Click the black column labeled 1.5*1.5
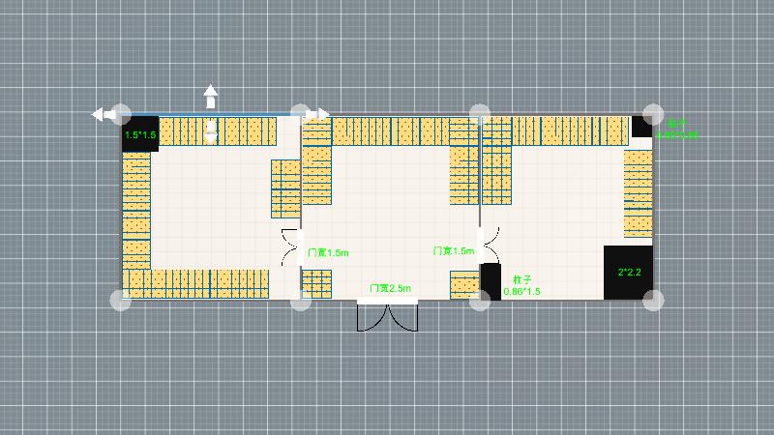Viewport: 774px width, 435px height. coord(140,133)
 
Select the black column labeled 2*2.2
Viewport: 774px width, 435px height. coord(628,272)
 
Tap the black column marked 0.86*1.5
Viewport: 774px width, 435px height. coord(491,280)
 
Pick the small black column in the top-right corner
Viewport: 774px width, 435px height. coord(642,126)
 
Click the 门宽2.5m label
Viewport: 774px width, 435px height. coord(390,288)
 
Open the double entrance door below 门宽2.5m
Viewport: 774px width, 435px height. coord(387,316)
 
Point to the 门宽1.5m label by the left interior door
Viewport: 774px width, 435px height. coord(328,252)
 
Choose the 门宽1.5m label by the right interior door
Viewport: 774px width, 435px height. coord(453,250)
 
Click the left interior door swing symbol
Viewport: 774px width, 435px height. coord(290,246)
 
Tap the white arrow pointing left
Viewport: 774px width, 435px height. coord(101,114)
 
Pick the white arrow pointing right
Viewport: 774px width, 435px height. coord(318,114)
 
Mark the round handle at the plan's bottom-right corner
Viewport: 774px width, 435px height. coord(654,300)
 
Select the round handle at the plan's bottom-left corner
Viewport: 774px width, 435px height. coord(120,300)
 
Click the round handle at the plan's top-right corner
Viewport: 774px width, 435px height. coord(654,113)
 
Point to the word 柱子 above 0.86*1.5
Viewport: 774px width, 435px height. coord(523,278)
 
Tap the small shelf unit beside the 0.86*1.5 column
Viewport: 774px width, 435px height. coord(464,284)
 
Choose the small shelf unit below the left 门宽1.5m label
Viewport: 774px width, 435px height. coord(316,284)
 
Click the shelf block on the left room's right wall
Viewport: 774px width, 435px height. coord(285,188)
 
